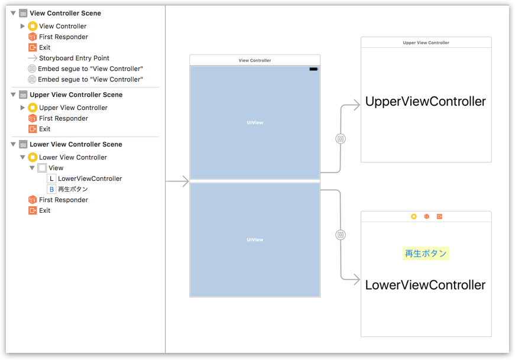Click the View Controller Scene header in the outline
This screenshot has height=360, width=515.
coord(65,13)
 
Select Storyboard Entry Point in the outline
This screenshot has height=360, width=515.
coord(74,58)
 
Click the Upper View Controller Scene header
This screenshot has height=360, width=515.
coord(76,95)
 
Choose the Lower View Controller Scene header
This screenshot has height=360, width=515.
coord(76,144)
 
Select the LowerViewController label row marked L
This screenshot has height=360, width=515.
coord(89,179)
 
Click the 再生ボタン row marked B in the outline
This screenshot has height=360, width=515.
coord(73,189)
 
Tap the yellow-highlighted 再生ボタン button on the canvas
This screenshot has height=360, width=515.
coord(426,254)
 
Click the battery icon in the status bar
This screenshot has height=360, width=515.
coord(313,69)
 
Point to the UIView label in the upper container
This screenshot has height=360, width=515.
coord(255,122)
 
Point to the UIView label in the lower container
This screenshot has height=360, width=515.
coord(255,239)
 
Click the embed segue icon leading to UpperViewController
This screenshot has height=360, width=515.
coord(341,139)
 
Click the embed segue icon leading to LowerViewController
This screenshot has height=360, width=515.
coord(341,235)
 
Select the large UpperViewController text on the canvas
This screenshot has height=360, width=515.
coord(426,102)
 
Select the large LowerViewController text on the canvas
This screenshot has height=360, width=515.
coord(426,285)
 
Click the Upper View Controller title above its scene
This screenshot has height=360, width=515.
coord(426,43)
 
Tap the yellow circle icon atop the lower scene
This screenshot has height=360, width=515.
coord(413,217)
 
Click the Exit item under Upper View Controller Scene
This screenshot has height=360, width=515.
coord(44,129)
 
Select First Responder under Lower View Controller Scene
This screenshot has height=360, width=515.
coord(63,200)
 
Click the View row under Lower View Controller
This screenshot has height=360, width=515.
coord(56,168)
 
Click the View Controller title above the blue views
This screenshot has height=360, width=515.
coord(255,60)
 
